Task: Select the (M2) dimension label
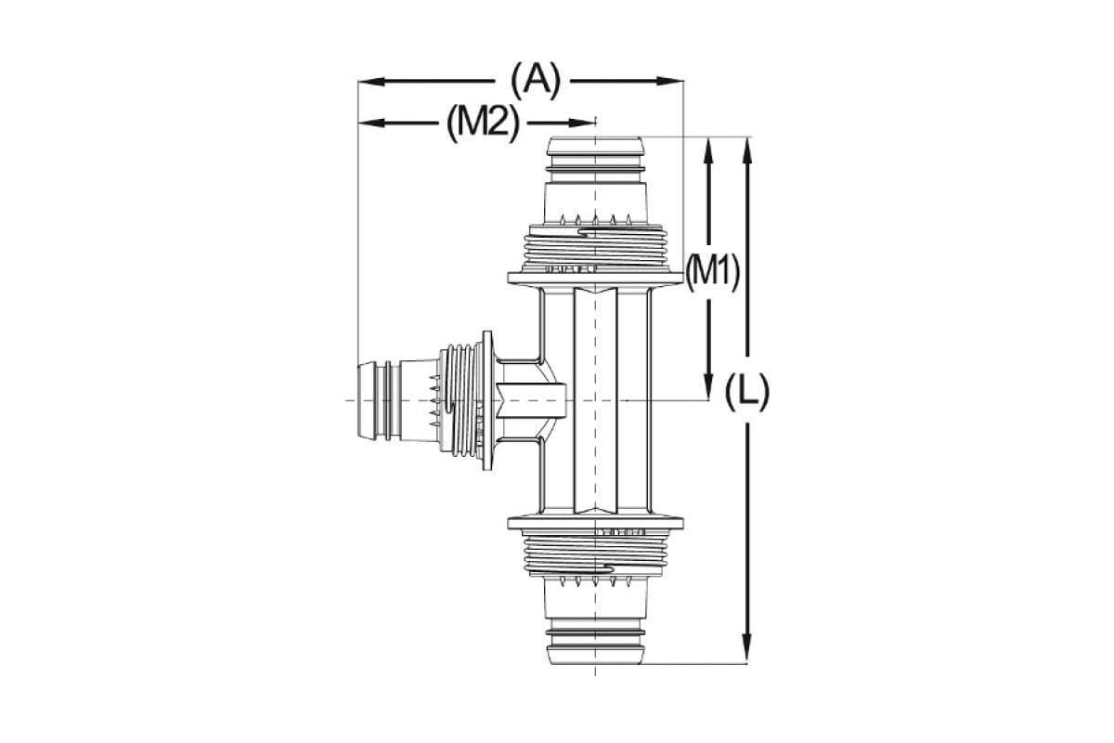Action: click(482, 123)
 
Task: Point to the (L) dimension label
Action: click(747, 393)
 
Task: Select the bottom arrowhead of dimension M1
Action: click(709, 390)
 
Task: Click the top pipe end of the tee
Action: click(594, 146)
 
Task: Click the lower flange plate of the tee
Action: click(594, 522)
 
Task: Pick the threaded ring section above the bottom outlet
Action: click(594, 553)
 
